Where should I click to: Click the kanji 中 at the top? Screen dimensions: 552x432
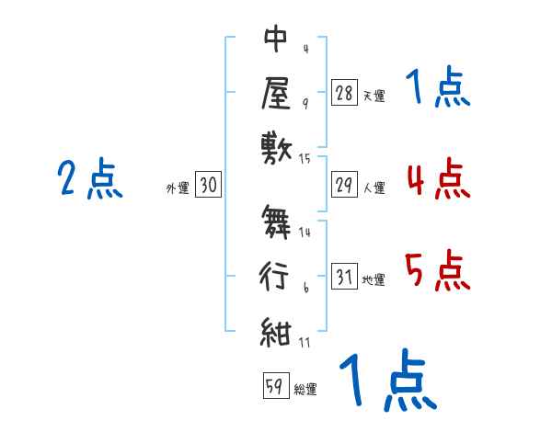[275, 41]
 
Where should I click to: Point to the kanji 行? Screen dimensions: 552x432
[275, 276]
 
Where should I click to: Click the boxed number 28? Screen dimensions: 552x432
[344, 93]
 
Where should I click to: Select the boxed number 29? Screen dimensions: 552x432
[344, 185]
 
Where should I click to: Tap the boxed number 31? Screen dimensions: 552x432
[344, 277]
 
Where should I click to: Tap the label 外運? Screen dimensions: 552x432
[178, 188]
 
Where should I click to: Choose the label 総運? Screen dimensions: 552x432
[305, 388]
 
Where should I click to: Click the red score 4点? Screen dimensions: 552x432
[437, 177]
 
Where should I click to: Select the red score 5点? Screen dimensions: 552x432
[437, 271]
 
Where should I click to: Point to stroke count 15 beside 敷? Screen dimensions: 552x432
[305, 159]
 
